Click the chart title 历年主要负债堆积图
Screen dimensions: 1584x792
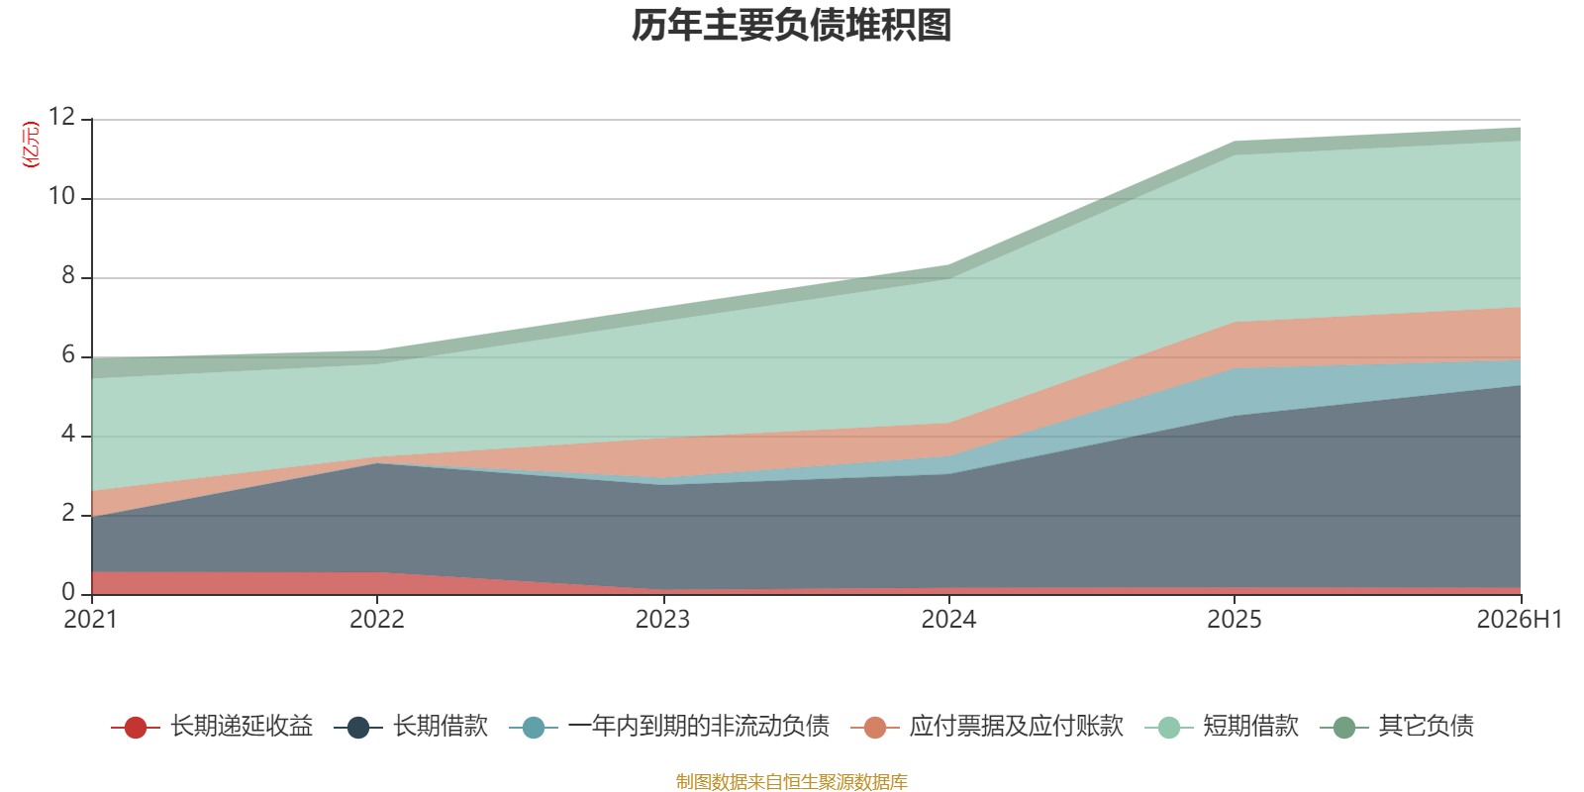(x=791, y=26)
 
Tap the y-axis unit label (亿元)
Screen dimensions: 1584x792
(x=31, y=145)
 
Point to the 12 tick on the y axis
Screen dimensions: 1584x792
(x=61, y=117)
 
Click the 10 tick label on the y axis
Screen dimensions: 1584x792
(x=61, y=196)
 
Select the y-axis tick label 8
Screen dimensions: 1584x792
(x=68, y=275)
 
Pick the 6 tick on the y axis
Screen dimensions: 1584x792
(x=68, y=354)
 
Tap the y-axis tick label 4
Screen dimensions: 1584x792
(x=68, y=434)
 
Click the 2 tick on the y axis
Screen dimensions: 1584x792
(x=68, y=513)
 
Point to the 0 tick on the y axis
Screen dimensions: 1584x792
(x=68, y=592)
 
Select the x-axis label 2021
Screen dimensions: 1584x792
(x=90, y=620)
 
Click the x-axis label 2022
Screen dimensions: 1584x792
(x=377, y=620)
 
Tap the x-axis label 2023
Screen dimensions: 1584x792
(x=662, y=620)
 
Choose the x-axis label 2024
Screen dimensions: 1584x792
(x=948, y=620)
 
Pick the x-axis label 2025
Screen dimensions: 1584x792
(x=1234, y=620)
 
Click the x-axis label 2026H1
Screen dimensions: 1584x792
(x=1519, y=620)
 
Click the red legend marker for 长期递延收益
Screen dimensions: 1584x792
(x=135, y=727)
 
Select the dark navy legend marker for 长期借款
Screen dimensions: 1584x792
(x=358, y=727)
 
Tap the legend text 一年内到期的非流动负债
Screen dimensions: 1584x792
(x=699, y=727)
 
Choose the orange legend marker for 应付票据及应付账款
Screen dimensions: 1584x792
(x=875, y=727)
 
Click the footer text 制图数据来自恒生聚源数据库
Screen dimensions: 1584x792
(x=791, y=781)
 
